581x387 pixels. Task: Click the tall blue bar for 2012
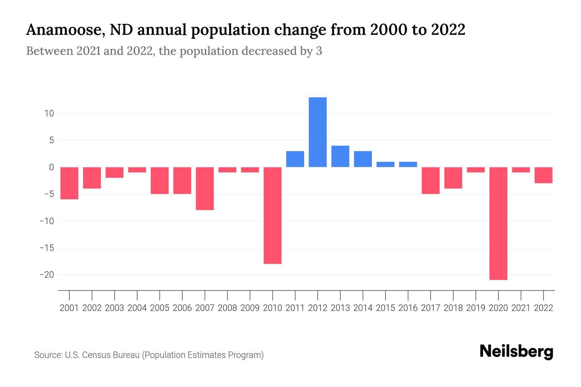(x=318, y=132)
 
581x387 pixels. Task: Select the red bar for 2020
(x=498, y=223)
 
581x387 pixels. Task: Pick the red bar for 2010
(x=273, y=215)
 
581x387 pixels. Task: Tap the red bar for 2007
(x=205, y=188)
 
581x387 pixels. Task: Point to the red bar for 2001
(x=69, y=183)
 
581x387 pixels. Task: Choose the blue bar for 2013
(x=340, y=156)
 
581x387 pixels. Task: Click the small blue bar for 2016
(x=408, y=164)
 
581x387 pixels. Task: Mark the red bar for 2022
(x=544, y=175)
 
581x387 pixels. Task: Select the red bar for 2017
(x=431, y=180)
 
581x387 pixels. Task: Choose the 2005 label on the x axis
(x=160, y=308)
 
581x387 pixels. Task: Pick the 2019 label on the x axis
(x=476, y=308)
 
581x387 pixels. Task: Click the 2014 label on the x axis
(x=363, y=308)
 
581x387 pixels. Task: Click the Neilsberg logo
(x=516, y=352)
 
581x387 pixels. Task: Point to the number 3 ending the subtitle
(x=319, y=51)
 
